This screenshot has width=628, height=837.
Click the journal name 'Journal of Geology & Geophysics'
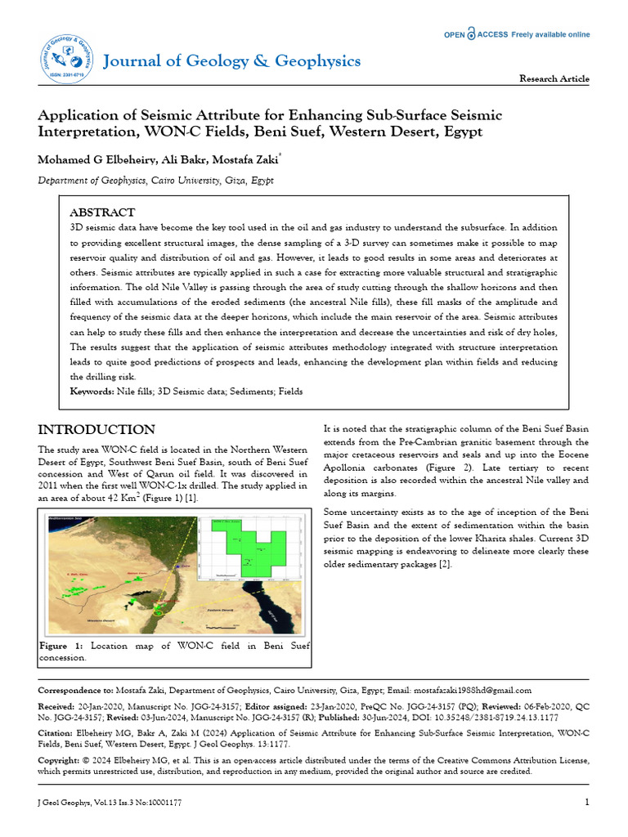pos(231,61)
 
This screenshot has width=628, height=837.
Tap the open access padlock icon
pos(471,34)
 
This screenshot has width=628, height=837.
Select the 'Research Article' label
pos(554,78)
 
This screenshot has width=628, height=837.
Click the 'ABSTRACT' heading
pos(103,212)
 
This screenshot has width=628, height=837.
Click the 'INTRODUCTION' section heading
pos(96,430)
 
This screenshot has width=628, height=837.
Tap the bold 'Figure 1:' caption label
pos(61,647)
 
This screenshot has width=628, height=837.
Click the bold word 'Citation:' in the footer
pos(56,734)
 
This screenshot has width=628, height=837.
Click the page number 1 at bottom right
pos(586,802)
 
